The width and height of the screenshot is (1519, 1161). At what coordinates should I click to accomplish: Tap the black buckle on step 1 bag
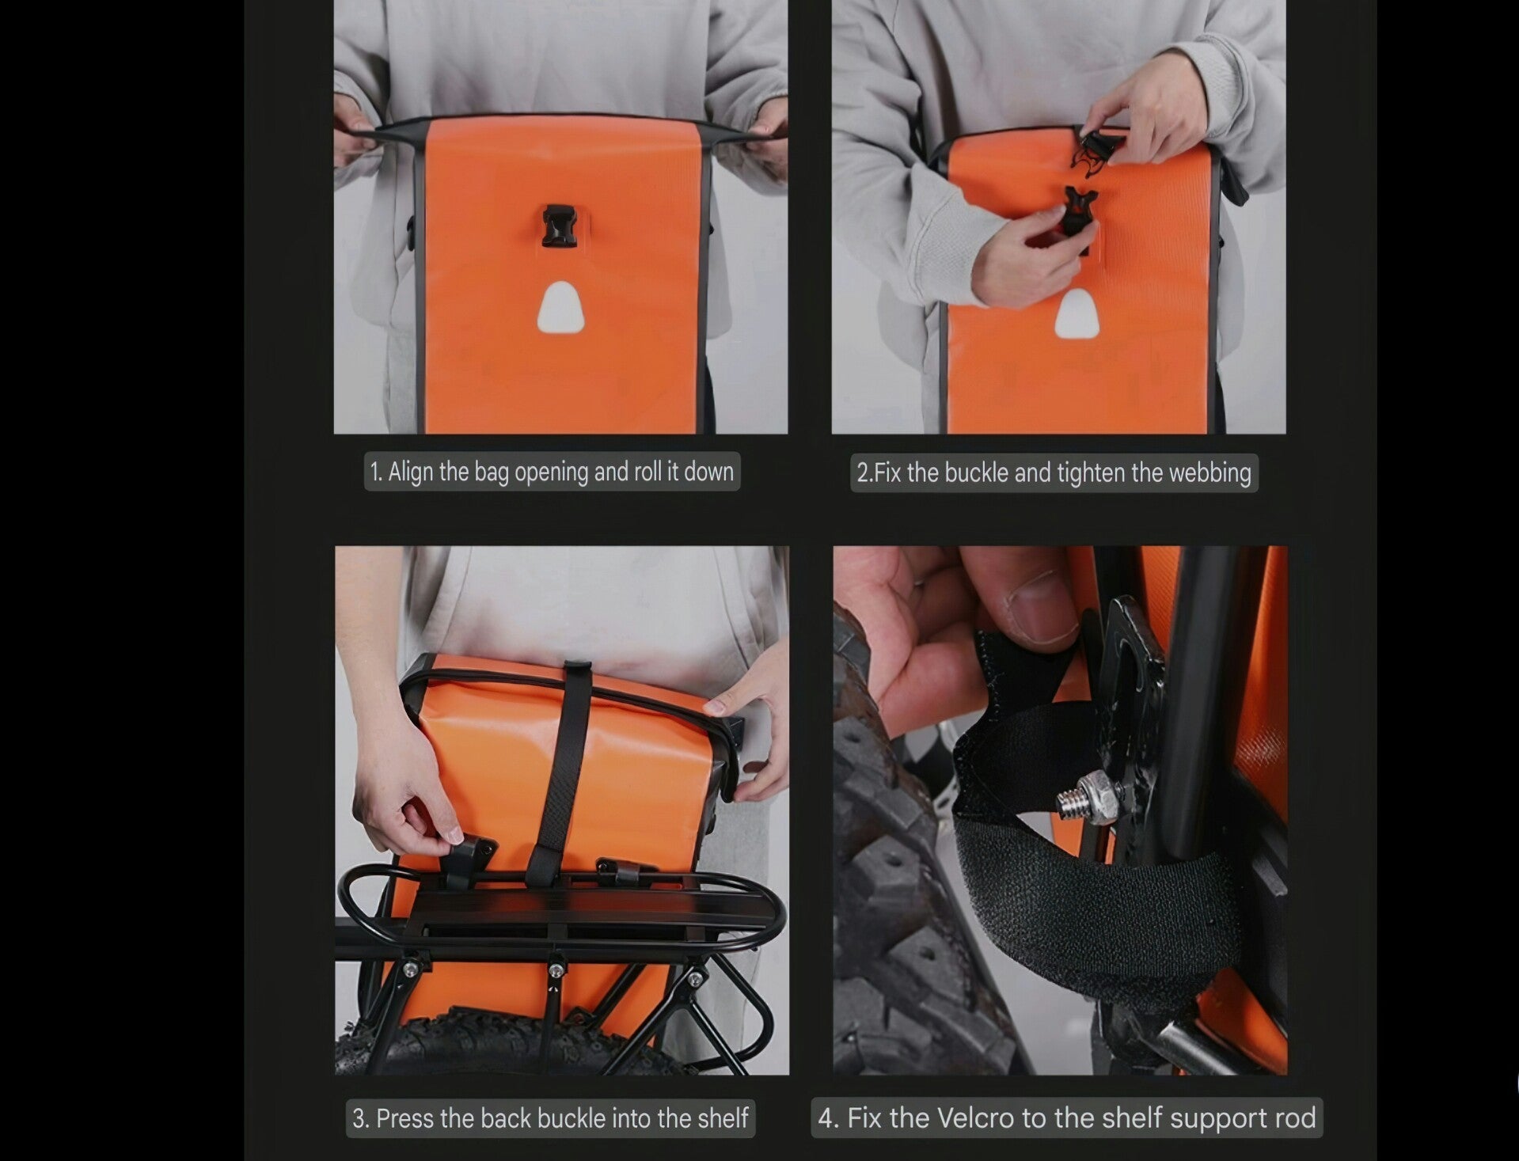[558, 225]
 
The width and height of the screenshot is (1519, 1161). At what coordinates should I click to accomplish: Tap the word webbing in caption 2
[1210, 473]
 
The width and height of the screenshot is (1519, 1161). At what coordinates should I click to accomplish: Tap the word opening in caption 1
[552, 472]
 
